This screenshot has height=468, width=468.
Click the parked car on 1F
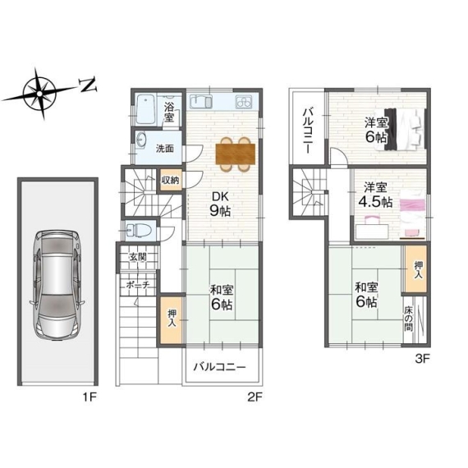(x=57, y=285)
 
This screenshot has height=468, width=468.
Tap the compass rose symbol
(x=39, y=93)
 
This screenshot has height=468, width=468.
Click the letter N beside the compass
(x=88, y=85)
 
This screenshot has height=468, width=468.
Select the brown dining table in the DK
(x=236, y=154)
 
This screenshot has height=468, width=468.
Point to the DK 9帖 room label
(x=220, y=204)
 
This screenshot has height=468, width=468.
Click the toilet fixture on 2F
(x=140, y=230)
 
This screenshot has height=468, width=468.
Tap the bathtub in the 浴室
(x=145, y=109)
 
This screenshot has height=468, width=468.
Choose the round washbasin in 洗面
(x=140, y=140)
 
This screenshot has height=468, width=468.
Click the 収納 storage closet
(x=170, y=180)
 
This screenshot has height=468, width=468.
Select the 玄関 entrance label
(x=138, y=257)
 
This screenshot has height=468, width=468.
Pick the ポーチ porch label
(x=138, y=285)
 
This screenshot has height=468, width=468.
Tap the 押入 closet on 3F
(x=415, y=269)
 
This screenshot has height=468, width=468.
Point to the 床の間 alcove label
(x=408, y=319)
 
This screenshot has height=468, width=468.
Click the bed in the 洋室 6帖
(x=405, y=129)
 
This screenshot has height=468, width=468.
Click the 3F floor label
(x=422, y=359)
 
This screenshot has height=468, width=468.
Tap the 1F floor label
(x=89, y=397)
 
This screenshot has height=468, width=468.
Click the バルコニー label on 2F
(x=219, y=366)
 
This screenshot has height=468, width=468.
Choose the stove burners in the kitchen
(x=244, y=102)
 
